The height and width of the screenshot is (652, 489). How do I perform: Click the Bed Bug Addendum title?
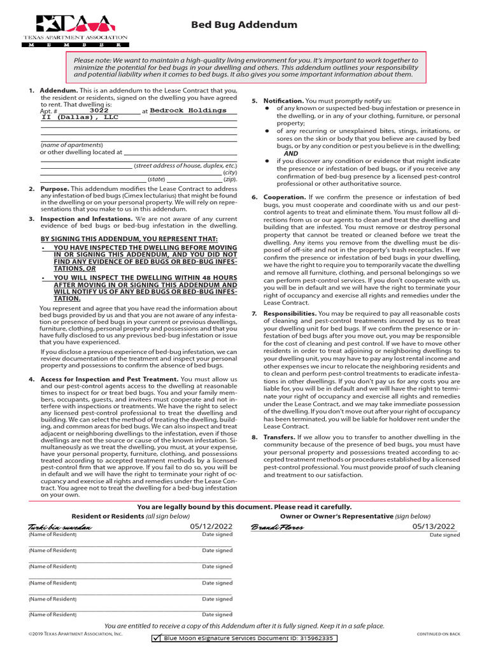[x=244, y=25]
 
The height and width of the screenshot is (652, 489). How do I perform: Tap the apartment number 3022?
[x=99, y=110]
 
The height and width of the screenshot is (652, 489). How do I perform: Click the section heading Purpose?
[x=54, y=189]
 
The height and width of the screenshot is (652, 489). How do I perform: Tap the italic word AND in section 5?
[x=291, y=153]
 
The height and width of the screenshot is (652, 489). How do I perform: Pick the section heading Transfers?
[x=280, y=437]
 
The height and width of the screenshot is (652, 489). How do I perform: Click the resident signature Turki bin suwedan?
[x=60, y=528]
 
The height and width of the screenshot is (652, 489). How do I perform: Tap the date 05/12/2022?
[x=211, y=527]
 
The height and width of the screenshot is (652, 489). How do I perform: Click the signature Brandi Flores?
[x=278, y=527]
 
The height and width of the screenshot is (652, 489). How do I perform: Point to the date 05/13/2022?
[x=434, y=527]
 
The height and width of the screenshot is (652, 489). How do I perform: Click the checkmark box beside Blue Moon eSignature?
[x=157, y=638]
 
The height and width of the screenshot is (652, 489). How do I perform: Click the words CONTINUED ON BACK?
[x=438, y=634]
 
